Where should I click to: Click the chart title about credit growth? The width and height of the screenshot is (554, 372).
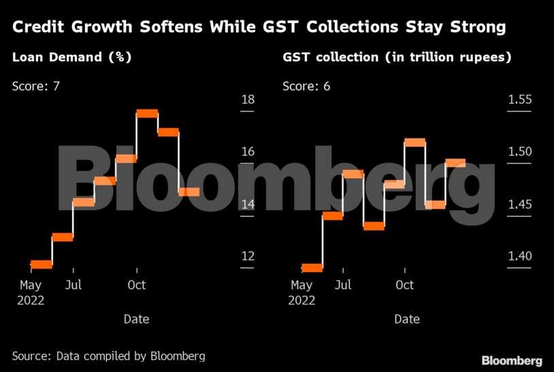pos(259,28)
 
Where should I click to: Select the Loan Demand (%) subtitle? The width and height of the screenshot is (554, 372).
pos(71,58)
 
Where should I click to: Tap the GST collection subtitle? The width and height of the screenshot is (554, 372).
pos(397,58)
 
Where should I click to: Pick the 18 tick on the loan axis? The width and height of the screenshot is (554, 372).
pos(248,100)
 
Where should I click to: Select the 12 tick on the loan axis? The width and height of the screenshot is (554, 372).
pos(248,256)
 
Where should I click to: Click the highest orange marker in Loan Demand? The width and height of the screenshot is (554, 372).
pos(147,113)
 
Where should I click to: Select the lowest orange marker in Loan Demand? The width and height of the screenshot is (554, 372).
pos(42,264)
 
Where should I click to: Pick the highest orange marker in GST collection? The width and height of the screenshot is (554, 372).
pos(414,142)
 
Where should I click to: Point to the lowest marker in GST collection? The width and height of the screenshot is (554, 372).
pos(312,267)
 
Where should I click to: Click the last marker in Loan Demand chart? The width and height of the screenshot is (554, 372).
pos(189,192)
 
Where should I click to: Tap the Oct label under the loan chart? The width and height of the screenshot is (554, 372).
pos(137,285)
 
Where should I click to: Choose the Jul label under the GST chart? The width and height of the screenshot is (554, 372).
pos(344,285)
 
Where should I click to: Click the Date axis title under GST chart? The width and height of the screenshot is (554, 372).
pos(407,319)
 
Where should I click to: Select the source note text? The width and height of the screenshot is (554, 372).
pos(108,356)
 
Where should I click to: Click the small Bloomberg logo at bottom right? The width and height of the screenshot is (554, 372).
pos(512,360)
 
